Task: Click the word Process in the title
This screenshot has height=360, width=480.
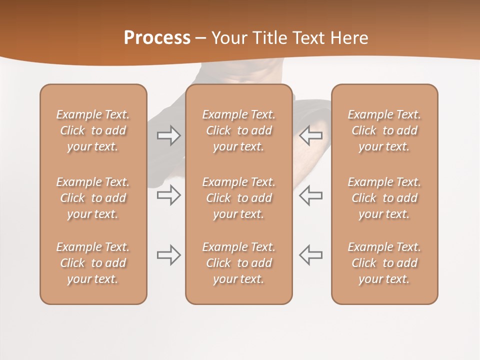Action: [x=157, y=38]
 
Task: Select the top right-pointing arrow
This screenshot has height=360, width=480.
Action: [x=168, y=135]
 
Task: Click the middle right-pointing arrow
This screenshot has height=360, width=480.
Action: [x=168, y=195]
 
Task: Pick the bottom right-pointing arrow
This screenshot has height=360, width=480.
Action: [x=168, y=255]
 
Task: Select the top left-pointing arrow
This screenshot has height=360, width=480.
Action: [x=311, y=135]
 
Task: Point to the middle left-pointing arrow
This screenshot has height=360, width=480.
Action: [x=311, y=195]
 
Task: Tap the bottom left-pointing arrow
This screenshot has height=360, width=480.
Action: [x=311, y=255]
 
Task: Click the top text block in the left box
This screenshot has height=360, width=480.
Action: [x=93, y=130]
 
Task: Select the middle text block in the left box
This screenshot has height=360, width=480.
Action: [x=93, y=198]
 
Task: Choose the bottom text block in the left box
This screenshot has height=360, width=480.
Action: [x=93, y=263]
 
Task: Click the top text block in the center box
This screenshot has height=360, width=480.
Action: [x=239, y=130]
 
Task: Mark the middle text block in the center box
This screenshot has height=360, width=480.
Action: [x=239, y=198]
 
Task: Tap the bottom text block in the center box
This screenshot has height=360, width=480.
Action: [x=239, y=263]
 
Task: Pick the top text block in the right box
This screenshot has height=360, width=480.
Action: [x=384, y=130]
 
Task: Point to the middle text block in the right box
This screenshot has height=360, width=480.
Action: [x=384, y=198]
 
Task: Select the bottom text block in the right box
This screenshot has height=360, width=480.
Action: [x=384, y=263]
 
